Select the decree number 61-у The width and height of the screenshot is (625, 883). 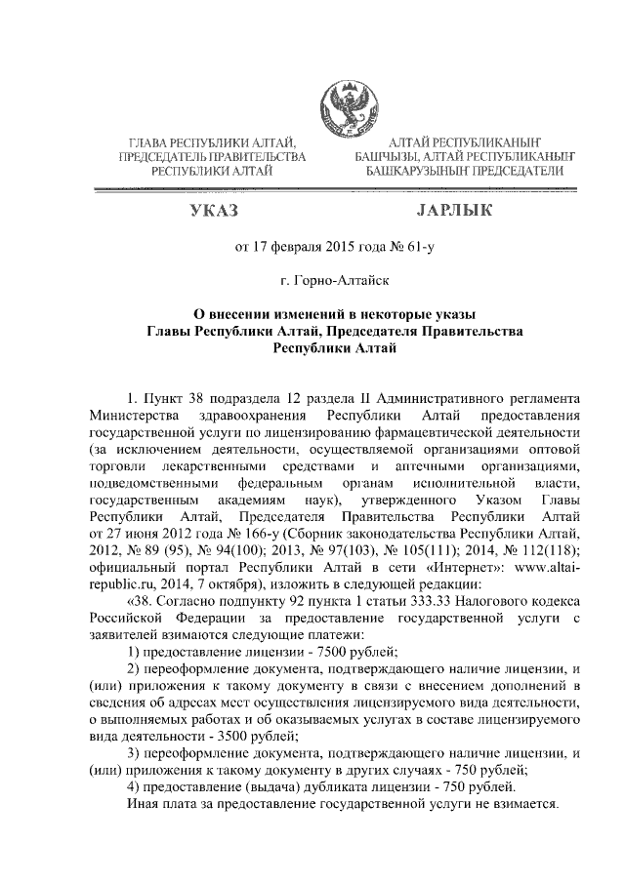point(414,248)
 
